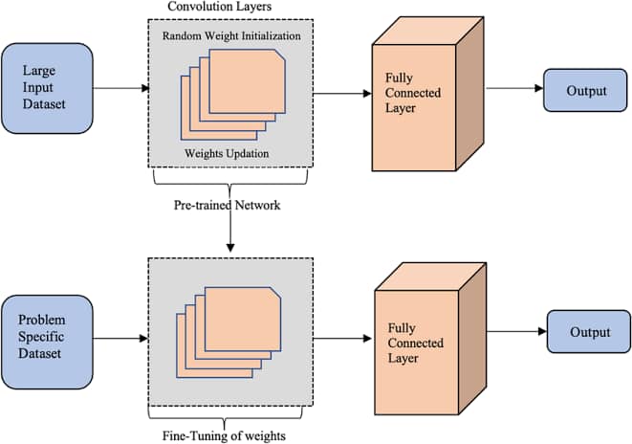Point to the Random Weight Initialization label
pos(231,35)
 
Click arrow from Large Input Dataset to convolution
pos(120,89)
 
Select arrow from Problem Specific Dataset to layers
pos(120,337)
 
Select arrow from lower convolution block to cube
pos(341,337)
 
